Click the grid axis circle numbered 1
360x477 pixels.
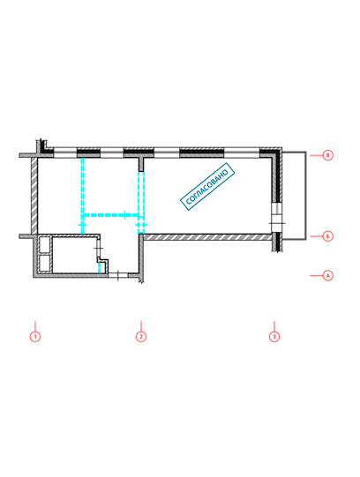click(x=35, y=337)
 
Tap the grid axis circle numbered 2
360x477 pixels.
click(x=141, y=337)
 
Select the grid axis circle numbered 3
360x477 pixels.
click(x=274, y=337)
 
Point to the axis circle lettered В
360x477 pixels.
click(x=327, y=155)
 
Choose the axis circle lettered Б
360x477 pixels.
click(x=327, y=236)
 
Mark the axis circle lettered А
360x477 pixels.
click(x=327, y=276)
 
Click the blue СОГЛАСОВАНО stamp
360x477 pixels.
click(x=207, y=187)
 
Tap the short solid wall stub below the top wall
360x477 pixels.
click(x=141, y=165)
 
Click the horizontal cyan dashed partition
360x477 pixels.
click(x=111, y=215)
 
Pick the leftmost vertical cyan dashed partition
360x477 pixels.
click(x=82, y=196)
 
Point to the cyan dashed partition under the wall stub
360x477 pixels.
click(x=141, y=203)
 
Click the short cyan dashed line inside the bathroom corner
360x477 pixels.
click(x=99, y=267)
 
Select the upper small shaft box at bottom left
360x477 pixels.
click(x=45, y=245)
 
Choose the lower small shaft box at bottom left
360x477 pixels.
click(x=45, y=263)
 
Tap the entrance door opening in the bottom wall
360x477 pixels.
click(x=118, y=275)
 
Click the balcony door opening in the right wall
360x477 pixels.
click(x=277, y=218)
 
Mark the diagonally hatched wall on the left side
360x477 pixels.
click(x=34, y=196)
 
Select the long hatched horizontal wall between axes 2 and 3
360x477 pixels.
click(x=207, y=237)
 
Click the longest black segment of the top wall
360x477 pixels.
click(x=201, y=153)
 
